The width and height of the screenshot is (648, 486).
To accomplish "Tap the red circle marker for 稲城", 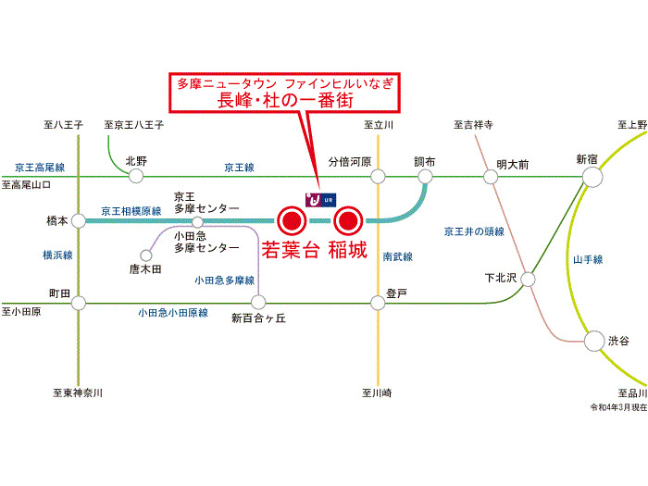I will coord(348,220).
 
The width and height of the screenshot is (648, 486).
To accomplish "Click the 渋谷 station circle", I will coord(592,342).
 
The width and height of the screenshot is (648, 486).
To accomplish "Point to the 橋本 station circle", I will coord(79,220).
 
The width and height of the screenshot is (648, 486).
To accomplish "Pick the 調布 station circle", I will coord(425,176).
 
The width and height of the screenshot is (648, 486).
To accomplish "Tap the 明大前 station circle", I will coord(492,176).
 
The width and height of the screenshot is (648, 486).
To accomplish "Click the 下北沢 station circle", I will coord(529,278).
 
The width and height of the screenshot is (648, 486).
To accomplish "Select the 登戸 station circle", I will coord(378,302).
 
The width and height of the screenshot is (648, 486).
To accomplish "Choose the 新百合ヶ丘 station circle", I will coord(258,302).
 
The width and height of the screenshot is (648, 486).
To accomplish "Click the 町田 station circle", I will coord(79,302).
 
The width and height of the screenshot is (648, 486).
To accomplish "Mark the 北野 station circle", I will coord(137,176).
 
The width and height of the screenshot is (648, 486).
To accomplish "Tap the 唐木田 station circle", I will coord(145,254).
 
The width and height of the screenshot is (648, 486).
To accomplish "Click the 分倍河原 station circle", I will coord(378,176).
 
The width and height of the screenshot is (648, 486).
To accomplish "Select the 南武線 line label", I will coord(398,256).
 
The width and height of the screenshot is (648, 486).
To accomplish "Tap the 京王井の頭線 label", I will coord(474,231).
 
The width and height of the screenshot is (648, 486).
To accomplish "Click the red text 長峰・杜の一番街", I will coord(283,101).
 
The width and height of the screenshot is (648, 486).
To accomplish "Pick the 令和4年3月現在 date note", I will coord(617,407).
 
